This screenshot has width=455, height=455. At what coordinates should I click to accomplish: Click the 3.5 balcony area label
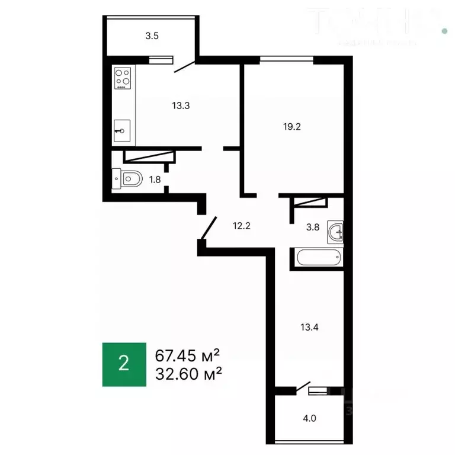[x=152, y=36]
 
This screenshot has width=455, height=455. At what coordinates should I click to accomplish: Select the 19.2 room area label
[x=292, y=126]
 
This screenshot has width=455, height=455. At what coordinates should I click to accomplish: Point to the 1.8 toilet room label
[x=155, y=179]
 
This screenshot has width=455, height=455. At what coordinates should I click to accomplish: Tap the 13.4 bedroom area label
[x=308, y=326]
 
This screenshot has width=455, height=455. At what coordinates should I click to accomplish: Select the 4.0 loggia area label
[x=310, y=417]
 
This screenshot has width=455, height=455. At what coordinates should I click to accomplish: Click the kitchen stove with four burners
[x=123, y=79]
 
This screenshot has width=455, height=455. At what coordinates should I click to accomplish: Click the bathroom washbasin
[x=336, y=233]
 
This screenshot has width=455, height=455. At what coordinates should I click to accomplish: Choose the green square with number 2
[x=124, y=364]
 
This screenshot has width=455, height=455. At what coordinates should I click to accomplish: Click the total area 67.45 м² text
[x=188, y=355]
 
